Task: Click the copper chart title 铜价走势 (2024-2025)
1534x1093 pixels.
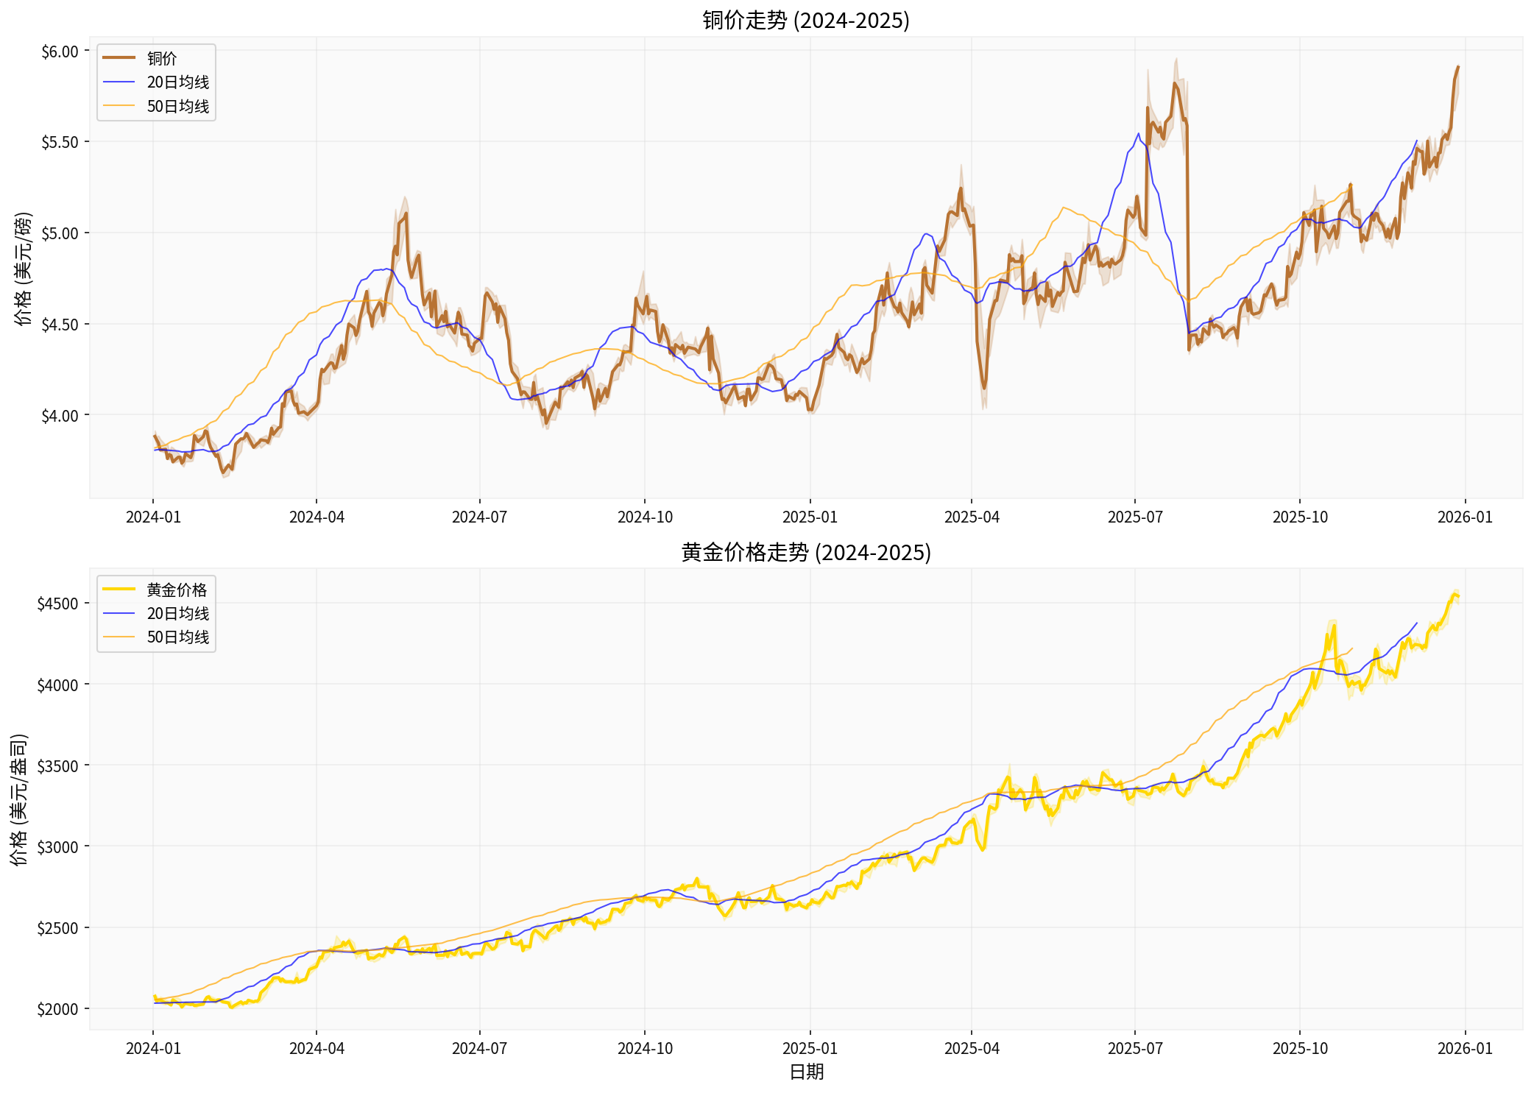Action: point(806,20)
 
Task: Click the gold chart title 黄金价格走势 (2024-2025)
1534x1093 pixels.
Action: point(806,552)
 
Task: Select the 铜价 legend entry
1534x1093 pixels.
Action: point(162,58)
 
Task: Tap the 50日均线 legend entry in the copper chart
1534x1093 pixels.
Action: point(177,106)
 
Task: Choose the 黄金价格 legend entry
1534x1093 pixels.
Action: point(177,590)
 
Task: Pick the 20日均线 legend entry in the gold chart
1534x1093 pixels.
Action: point(177,613)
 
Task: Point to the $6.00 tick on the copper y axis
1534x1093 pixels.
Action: point(60,52)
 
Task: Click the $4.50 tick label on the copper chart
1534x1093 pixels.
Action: point(60,325)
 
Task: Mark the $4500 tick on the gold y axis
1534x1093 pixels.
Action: point(57,604)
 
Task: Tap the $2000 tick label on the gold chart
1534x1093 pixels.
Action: point(57,1009)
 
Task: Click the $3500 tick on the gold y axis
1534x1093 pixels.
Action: point(57,765)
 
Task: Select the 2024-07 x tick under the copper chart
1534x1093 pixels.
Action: point(479,517)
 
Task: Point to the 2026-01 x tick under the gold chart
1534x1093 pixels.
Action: point(1465,1048)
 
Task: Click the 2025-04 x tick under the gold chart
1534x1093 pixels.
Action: point(972,1048)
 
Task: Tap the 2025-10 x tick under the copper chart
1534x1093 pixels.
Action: point(1300,517)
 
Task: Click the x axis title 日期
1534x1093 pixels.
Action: point(806,1072)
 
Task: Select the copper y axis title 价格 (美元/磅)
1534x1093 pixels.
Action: point(24,269)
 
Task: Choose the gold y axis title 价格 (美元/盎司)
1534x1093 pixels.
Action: point(19,799)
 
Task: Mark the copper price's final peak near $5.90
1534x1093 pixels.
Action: point(1458,67)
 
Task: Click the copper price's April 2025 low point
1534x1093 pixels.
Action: point(984,388)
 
